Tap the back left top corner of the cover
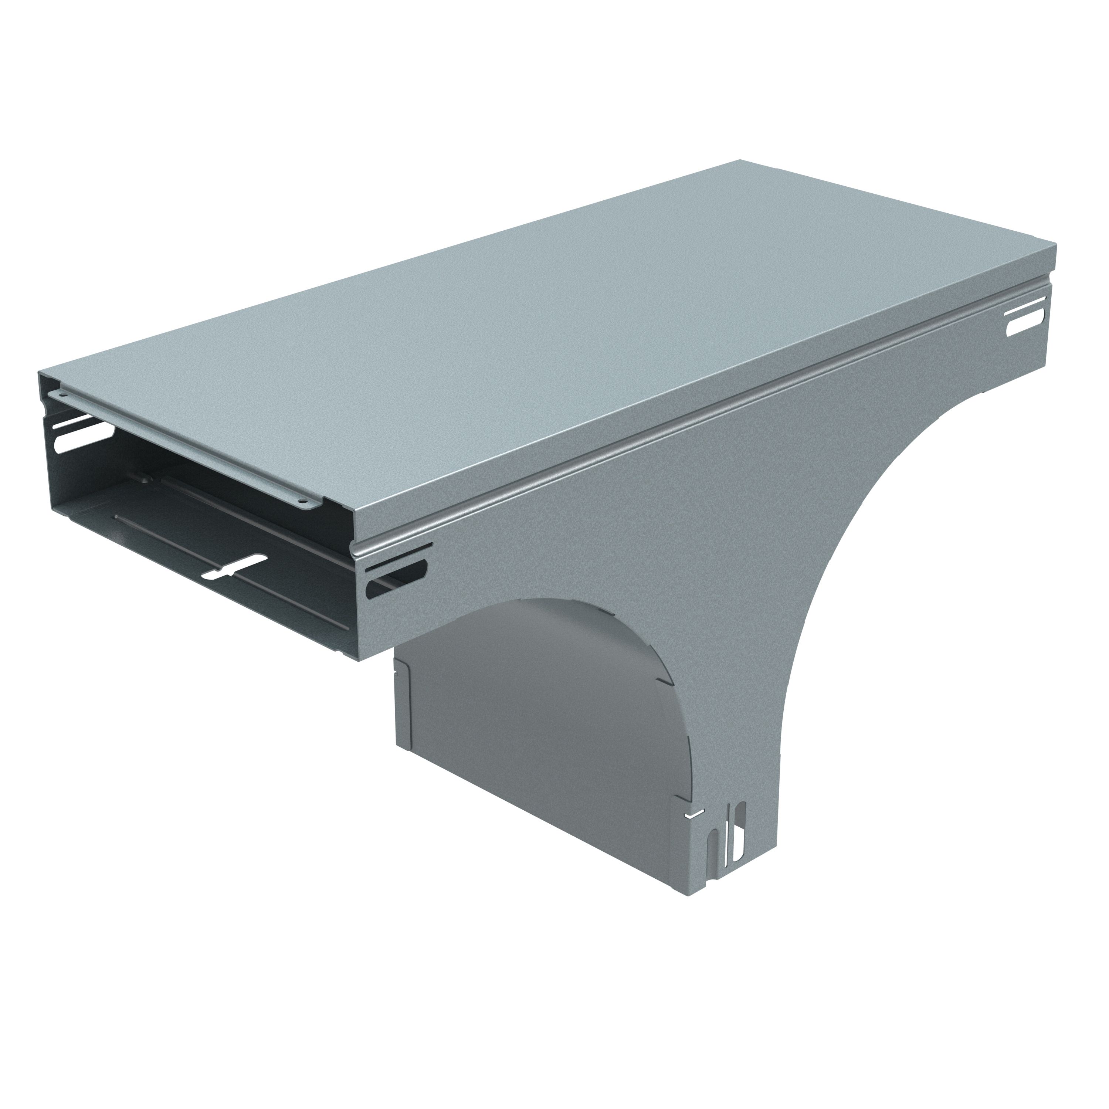[40, 373]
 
